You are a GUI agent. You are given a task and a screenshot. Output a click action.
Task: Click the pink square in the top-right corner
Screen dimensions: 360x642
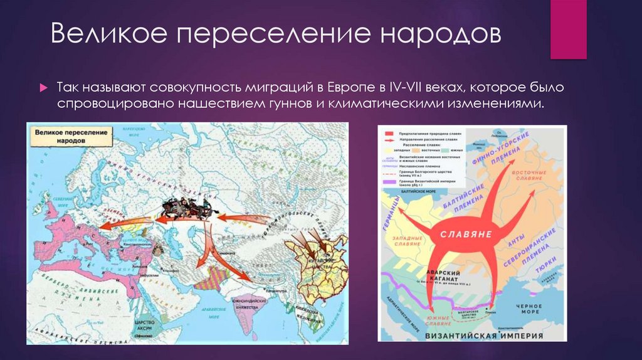click(568, 29)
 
